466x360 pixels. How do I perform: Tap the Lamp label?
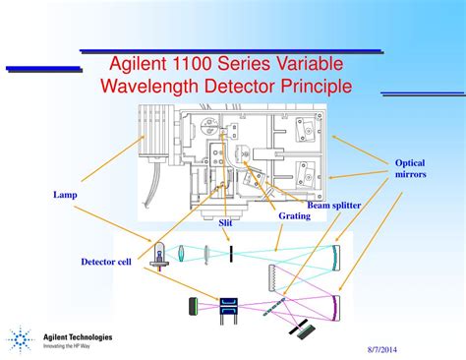65,195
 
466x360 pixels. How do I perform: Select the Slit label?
224,223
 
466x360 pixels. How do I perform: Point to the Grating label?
294,214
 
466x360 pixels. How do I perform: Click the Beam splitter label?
333,205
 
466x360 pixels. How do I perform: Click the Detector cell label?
106,261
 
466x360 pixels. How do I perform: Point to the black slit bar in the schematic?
230,254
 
